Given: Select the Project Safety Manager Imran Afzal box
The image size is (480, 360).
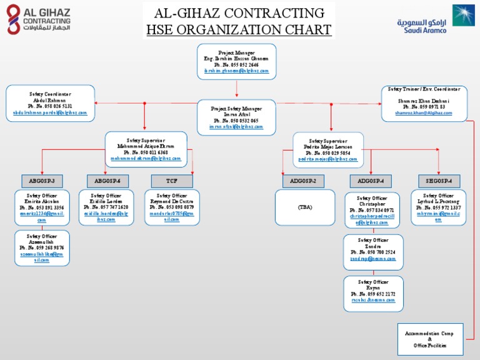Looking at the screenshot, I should pos(236,117).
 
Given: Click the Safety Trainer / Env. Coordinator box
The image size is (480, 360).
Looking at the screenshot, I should pos(424,102).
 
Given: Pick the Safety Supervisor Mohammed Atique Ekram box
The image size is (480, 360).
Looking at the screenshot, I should pos(146,149).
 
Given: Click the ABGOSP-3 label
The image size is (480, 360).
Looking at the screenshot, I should pos(42,181).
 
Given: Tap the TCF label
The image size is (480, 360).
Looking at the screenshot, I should pos(171,181).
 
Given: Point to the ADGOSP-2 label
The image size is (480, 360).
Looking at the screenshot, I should pos(303,181).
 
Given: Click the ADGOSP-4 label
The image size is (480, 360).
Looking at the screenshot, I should pos(371,181).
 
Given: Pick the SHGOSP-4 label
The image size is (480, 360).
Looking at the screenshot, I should pos(439,181).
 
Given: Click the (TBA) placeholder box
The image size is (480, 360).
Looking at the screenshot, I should pos(304,207).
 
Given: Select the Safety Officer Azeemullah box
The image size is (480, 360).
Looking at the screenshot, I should pos(42,247).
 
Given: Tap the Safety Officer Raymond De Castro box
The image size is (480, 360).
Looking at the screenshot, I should pos(171,207).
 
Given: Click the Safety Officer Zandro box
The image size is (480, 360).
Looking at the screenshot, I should pos(373,252).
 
